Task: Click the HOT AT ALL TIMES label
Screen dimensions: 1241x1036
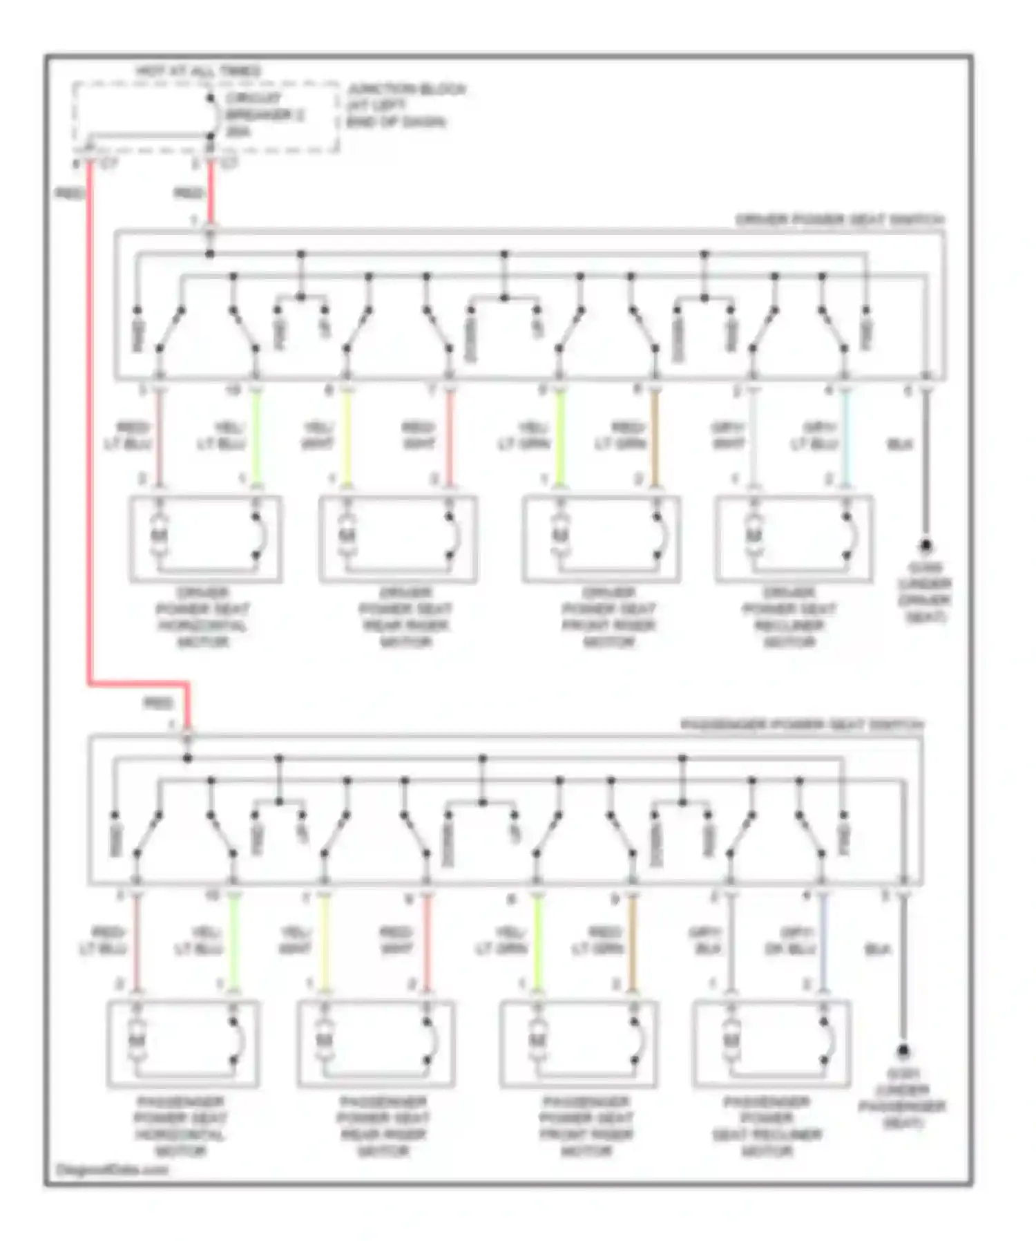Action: click(198, 71)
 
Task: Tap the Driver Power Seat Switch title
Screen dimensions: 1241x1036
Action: click(839, 220)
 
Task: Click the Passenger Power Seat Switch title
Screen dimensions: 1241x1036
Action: click(802, 725)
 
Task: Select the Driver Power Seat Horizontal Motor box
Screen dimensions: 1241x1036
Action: click(206, 538)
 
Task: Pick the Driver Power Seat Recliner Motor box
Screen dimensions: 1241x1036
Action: click(794, 538)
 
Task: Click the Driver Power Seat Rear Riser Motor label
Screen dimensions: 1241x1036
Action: click(405, 617)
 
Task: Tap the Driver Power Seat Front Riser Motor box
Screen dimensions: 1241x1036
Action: click(601, 538)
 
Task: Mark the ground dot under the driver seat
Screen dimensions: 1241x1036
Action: click(925, 546)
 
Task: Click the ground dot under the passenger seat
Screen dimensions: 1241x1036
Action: click(903, 1051)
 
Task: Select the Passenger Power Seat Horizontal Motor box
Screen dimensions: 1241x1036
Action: click(183, 1043)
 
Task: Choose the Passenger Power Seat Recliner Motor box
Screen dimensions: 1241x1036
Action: click(771, 1043)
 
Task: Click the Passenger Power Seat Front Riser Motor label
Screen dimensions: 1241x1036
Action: click(586, 1126)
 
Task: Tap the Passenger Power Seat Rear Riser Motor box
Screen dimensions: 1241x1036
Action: click(376, 1043)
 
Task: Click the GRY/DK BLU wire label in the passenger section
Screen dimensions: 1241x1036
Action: click(790, 941)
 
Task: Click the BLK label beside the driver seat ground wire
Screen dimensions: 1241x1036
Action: click(899, 445)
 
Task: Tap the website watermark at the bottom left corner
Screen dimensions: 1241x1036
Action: click(112, 1170)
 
